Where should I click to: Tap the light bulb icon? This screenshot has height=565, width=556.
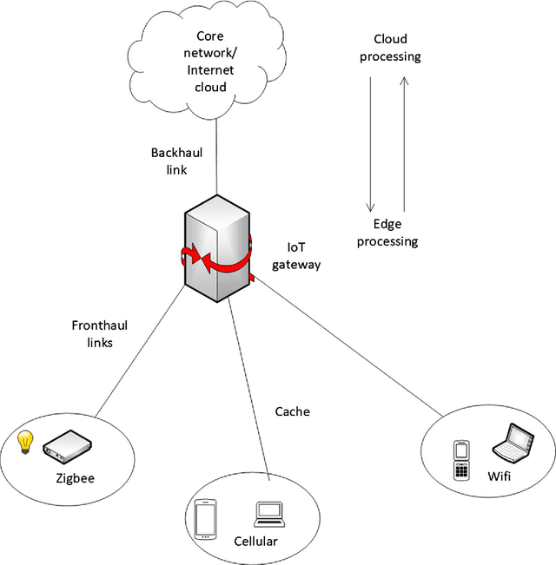[x=26, y=441]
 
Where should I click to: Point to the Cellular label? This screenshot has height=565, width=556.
[x=256, y=542]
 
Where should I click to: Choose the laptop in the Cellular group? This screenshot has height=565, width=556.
[x=268, y=514]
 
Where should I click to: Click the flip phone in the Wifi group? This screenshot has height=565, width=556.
[x=461, y=461]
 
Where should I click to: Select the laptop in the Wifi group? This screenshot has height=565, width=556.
[x=510, y=442]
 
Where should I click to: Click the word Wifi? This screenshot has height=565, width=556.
[x=499, y=476]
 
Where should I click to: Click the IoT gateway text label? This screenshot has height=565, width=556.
[x=296, y=256]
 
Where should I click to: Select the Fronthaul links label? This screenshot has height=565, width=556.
[x=93, y=334]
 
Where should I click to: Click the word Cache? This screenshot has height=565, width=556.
[x=293, y=411]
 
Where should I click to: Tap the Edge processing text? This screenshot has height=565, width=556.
[x=387, y=232]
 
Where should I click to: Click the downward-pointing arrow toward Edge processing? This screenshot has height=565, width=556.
[x=371, y=143]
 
